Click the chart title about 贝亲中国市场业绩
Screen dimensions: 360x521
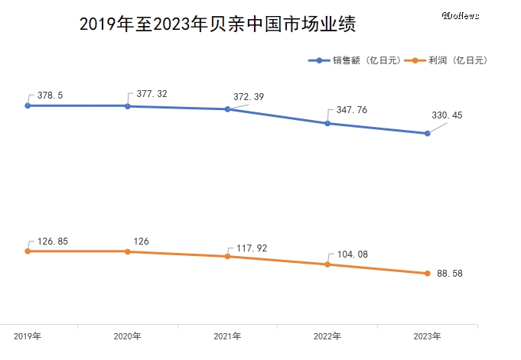click(x=218, y=24)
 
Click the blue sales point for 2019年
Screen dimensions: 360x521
click(x=28, y=105)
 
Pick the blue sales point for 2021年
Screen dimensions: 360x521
click(x=227, y=109)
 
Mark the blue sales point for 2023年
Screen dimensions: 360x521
click(x=427, y=134)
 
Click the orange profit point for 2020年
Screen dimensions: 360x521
click(x=128, y=251)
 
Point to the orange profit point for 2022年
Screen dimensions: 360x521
click(x=327, y=264)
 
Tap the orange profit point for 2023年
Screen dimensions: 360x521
click(x=427, y=274)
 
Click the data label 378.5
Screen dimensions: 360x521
click(x=50, y=96)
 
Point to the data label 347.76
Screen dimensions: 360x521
click(x=351, y=110)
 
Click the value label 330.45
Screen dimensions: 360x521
click(x=448, y=115)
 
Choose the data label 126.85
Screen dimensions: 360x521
click(x=53, y=242)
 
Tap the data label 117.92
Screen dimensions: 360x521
click(x=252, y=248)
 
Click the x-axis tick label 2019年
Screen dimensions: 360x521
click(x=28, y=336)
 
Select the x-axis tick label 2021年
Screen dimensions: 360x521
click(x=227, y=336)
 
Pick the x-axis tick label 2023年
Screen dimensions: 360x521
click(x=427, y=336)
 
